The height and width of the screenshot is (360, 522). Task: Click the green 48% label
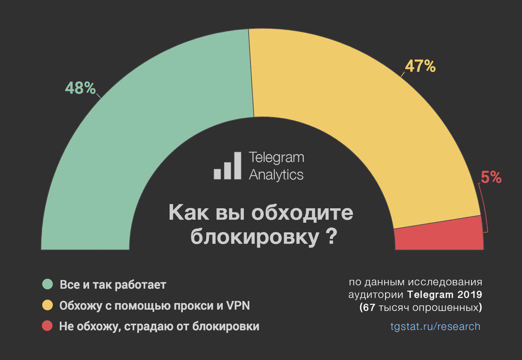coord(80,88)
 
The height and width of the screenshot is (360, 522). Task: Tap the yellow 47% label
coord(420,66)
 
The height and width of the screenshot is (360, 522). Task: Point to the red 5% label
coord(491,177)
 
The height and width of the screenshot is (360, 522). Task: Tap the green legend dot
coord(48,284)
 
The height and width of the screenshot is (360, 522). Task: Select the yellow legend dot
coord(48,305)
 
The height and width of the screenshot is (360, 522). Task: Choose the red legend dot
coord(48,327)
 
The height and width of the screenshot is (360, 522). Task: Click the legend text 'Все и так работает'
coord(113,284)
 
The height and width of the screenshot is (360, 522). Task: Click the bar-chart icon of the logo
coord(228,167)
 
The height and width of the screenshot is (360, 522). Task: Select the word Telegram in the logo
coord(276,158)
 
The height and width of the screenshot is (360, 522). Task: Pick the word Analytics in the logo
coord(276,175)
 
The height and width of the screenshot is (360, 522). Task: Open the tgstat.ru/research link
coord(435,327)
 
